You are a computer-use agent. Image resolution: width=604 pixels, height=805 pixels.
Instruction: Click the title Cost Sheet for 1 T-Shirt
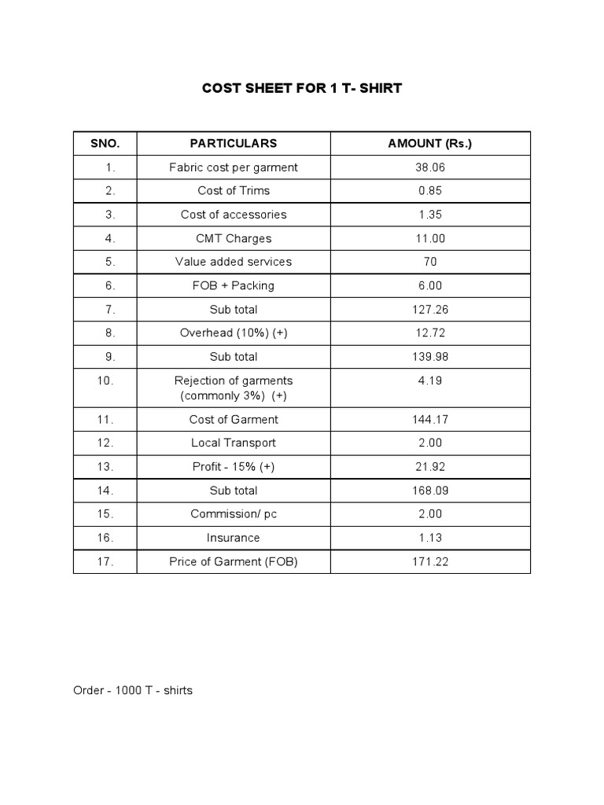(302, 88)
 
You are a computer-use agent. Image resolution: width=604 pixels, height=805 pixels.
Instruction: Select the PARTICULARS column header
(234, 143)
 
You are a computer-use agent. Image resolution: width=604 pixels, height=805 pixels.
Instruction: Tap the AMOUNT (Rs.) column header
(430, 143)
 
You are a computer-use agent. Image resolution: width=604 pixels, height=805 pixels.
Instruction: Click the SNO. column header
(105, 143)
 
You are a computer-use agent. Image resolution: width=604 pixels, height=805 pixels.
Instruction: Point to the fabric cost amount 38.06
(430, 167)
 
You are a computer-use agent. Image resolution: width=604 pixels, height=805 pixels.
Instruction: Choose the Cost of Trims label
(234, 191)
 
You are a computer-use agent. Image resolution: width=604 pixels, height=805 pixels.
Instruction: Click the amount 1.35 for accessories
(430, 215)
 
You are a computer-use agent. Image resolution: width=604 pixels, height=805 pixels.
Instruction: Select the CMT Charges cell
(234, 238)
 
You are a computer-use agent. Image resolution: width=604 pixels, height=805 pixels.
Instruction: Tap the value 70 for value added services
(430, 262)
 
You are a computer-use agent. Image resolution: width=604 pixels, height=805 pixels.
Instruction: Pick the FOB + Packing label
(234, 285)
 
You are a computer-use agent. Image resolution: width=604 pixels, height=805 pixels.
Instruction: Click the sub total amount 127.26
(430, 309)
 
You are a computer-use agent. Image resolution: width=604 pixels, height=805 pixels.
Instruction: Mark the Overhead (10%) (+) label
(234, 333)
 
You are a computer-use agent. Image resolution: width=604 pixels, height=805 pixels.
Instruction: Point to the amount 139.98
(430, 356)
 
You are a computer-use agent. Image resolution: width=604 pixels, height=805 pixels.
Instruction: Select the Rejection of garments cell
(234, 388)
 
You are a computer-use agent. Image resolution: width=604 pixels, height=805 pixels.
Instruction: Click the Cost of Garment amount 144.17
(430, 420)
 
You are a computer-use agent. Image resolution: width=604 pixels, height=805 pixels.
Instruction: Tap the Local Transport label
(234, 443)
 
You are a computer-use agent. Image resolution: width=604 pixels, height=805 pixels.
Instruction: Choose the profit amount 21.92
(430, 467)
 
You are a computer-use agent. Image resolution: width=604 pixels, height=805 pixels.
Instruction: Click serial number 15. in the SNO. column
(106, 514)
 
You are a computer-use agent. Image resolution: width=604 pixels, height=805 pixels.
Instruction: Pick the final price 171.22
(430, 561)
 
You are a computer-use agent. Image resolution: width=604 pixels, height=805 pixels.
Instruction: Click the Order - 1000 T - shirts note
(133, 690)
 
